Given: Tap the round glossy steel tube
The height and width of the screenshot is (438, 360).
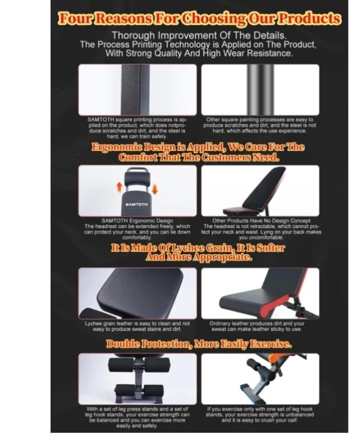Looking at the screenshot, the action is [260, 90].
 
